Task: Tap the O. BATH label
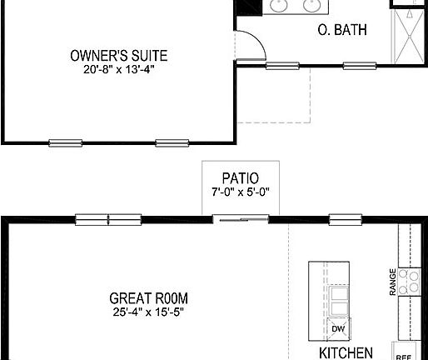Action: pyautogui.click(x=343, y=31)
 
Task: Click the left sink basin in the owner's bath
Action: pyautogui.click(x=281, y=7)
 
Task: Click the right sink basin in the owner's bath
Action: pyautogui.click(x=312, y=7)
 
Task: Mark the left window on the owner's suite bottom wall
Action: pyautogui.click(x=66, y=142)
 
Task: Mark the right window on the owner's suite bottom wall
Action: pyautogui.click(x=172, y=142)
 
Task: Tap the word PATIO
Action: pyautogui.click(x=240, y=178)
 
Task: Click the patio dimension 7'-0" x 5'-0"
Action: pyautogui.click(x=240, y=192)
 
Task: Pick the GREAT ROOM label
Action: pyautogui.click(x=148, y=297)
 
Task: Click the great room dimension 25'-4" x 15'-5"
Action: pyautogui.click(x=148, y=312)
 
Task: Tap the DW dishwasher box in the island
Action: pyautogui.click(x=337, y=328)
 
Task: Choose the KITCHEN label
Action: pyautogui.click(x=346, y=352)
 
